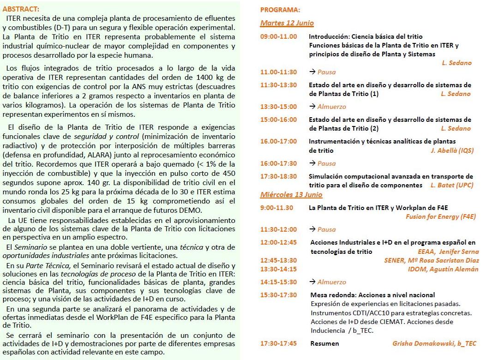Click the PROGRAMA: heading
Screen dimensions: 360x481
(x=280, y=9)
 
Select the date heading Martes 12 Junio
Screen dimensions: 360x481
(x=287, y=23)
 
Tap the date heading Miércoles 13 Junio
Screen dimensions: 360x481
(x=291, y=195)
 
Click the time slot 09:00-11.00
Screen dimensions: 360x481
(x=278, y=36)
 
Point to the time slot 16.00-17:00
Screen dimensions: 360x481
(x=278, y=141)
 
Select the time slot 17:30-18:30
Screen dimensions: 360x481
(x=278, y=176)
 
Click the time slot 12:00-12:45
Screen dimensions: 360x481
(x=278, y=242)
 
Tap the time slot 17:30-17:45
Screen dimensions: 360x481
(x=278, y=343)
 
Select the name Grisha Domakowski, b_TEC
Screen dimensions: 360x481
(x=434, y=343)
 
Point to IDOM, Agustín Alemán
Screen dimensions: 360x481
(x=443, y=269)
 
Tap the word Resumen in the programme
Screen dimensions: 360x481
(x=325, y=343)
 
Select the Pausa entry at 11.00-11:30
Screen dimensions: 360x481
(x=326, y=72)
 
